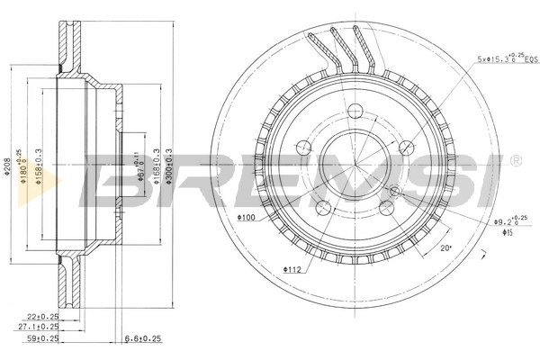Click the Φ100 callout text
pos(247,218)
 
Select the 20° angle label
pos(444,247)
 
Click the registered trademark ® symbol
pos(515,161)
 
